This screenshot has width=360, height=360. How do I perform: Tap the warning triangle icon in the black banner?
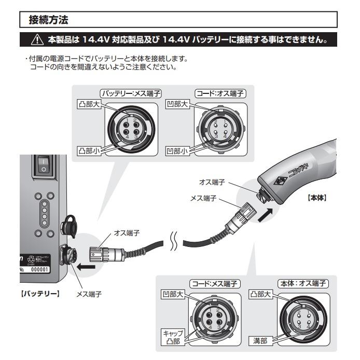(37, 40)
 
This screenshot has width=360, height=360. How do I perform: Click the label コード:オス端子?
(220, 94)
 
